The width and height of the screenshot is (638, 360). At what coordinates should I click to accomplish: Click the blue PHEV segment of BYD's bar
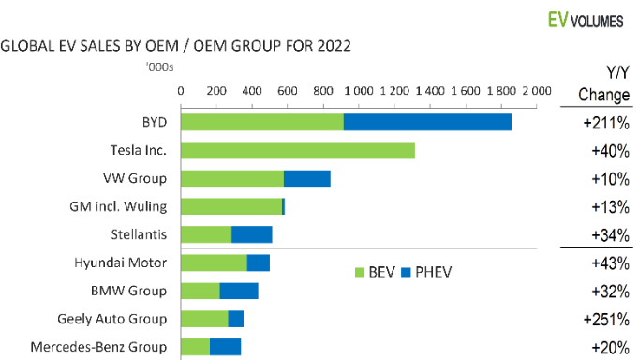pyautogui.click(x=427, y=123)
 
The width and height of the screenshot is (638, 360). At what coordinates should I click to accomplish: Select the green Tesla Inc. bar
pyautogui.click(x=297, y=151)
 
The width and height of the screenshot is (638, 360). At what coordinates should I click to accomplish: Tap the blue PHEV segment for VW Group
pyautogui.click(x=306, y=179)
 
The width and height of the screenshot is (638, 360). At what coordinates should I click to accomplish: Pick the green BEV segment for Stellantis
pyautogui.click(x=205, y=234)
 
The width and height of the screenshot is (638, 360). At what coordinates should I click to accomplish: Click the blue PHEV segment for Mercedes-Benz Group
pyautogui.click(x=225, y=347)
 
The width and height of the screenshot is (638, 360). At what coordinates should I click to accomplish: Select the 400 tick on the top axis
pyautogui.click(x=251, y=91)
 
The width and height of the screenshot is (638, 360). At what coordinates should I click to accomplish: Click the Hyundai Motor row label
pyautogui.click(x=121, y=263)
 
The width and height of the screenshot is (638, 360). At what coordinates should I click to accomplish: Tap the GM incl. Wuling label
pyautogui.click(x=119, y=207)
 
